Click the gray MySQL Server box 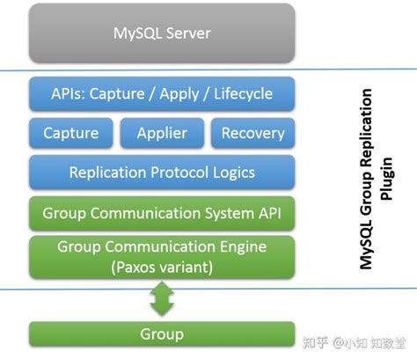coord(161,35)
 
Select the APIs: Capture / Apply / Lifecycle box coord(161,93)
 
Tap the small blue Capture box coord(70,134)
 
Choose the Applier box coord(161,134)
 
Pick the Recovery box coord(252,134)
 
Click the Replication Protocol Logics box coord(161,173)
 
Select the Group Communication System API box coord(161,212)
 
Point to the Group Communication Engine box coord(161,254)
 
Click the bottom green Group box coord(161,334)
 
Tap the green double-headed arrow coord(162,298)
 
